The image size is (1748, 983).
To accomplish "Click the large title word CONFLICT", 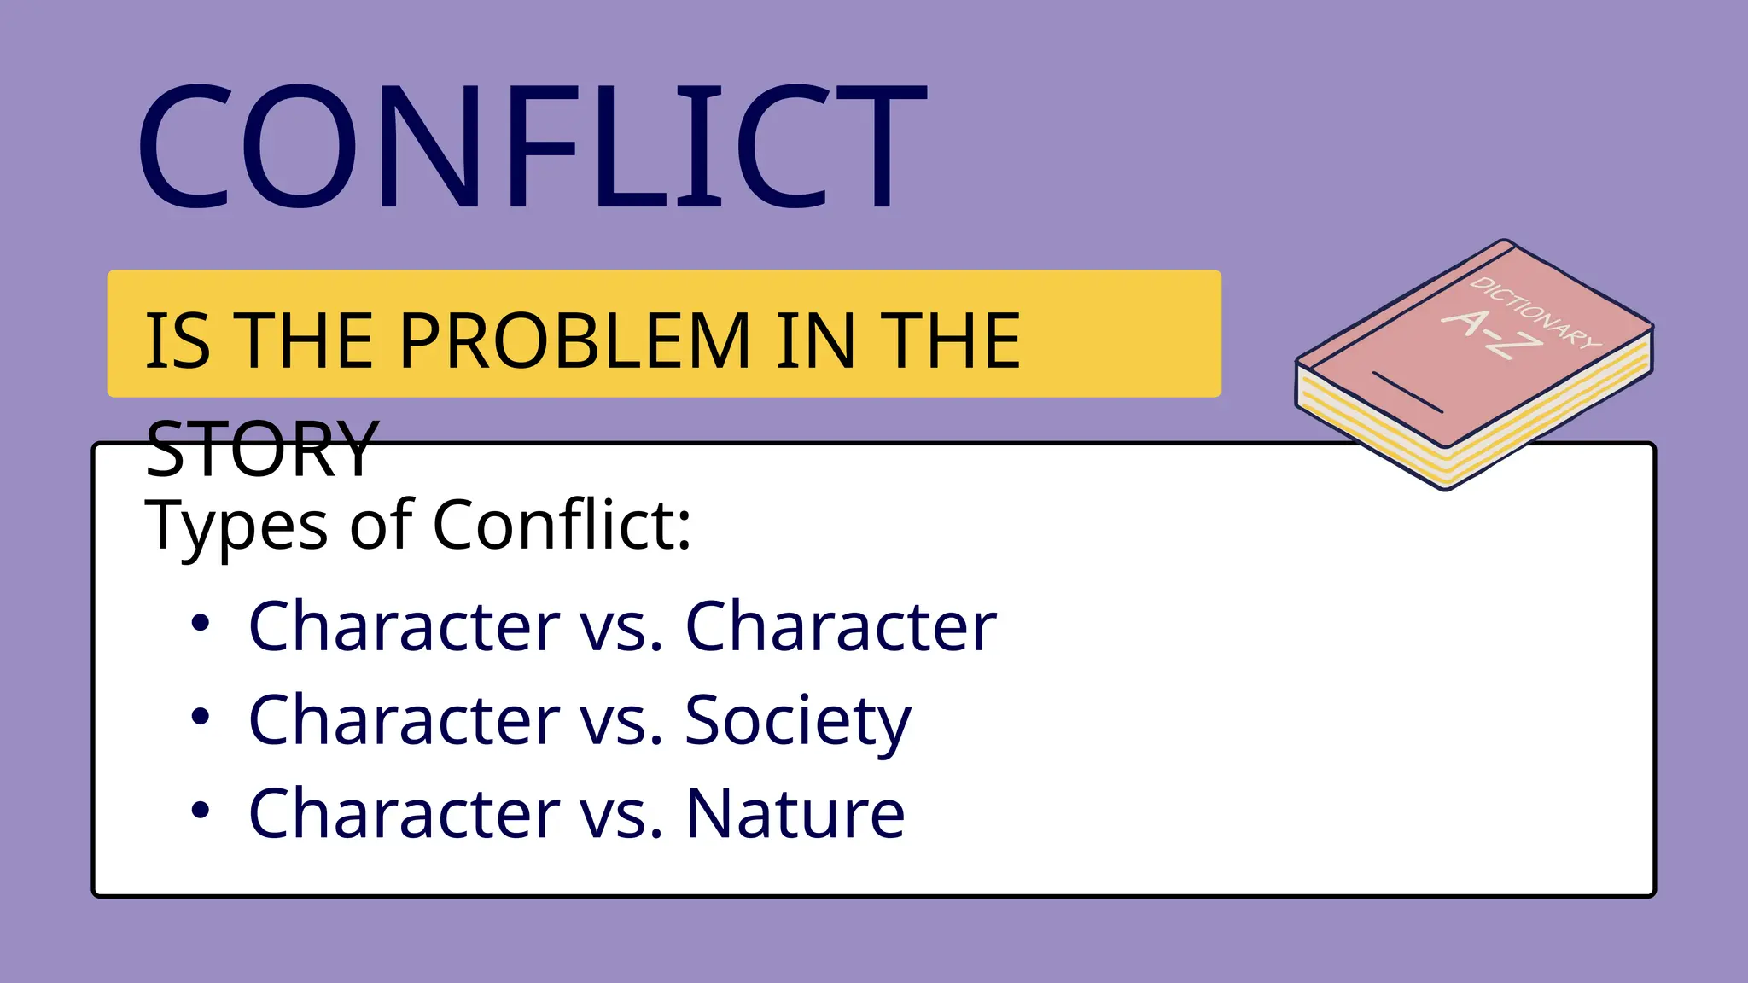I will click(x=531, y=147).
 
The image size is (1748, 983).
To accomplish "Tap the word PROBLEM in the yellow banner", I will click(x=574, y=341).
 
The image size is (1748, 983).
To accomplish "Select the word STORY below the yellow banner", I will click(x=262, y=449).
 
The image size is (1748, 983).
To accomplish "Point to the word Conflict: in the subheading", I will click(x=562, y=524).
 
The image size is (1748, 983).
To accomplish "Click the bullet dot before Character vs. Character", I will click(x=201, y=624).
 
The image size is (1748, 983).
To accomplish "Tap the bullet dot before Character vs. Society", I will click(x=201, y=718).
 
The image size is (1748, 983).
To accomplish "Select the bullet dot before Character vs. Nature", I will click(x=201, y=811).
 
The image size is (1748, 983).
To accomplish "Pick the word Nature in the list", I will click(x=795, y=813).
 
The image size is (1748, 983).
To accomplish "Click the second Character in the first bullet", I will click(x=841, y=626).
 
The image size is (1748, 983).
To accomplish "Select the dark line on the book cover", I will click(x=1407, y=392).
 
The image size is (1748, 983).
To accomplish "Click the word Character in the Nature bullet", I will click(x=405, y=813).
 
